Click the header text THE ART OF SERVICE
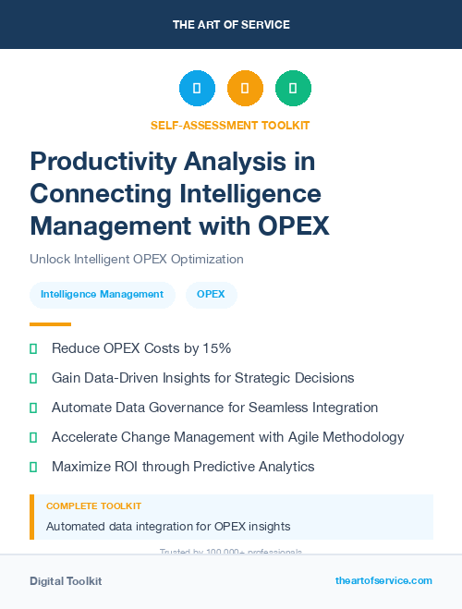tap(230, 24)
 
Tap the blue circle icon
tap(197, 89)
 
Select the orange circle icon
tap(245, 89)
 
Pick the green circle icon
tap(293, 89)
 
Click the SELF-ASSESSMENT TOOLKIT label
tap(230, 125)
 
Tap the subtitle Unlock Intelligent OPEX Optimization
tap(137, 259)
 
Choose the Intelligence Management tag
tap(102, 295)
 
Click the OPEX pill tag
tap(212, 295)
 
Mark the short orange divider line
tap(50, 324)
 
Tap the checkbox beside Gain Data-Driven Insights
tap(34, 378)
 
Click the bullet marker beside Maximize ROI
tap(34, 467)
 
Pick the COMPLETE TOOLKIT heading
tap(93, 506)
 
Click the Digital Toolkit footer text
tap(66, 581)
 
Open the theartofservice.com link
tap(383, 580)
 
